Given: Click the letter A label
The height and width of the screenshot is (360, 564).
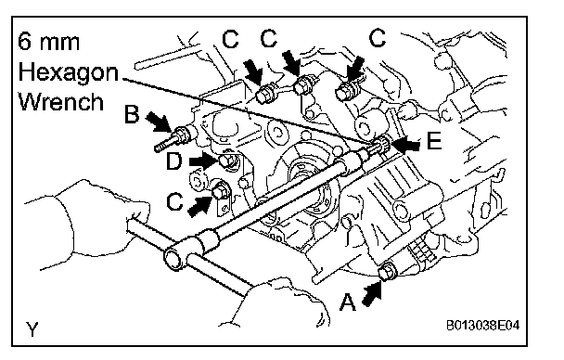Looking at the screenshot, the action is click(348, 302).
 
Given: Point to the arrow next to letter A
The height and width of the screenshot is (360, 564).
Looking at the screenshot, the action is click(372, 294).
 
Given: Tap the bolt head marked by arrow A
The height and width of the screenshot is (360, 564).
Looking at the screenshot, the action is click(388, 271).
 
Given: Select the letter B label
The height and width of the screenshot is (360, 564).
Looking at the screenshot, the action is click(132, 114).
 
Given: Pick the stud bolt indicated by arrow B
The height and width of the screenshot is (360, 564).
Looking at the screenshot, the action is click(175, 138).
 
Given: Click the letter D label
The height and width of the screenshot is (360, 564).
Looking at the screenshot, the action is click(174, 161).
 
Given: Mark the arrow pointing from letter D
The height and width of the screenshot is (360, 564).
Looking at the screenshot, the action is click(203, 161).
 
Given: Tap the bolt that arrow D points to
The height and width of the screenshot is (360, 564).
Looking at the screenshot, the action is click(228, 161).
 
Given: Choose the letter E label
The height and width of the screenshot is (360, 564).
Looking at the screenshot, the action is click(434, 140).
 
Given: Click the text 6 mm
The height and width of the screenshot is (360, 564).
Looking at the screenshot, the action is click(48, 42).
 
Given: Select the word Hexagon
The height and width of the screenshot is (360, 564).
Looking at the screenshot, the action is click(68, 72).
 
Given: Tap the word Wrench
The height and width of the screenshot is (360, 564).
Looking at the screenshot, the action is click(61, 102).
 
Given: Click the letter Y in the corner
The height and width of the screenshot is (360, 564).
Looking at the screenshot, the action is click(32, 328).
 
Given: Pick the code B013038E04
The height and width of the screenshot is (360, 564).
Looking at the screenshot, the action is click(482, 326).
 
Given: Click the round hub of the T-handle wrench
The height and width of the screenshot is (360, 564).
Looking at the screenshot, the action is click(175, 256).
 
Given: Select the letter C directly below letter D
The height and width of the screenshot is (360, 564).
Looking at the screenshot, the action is click(174, 201).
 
